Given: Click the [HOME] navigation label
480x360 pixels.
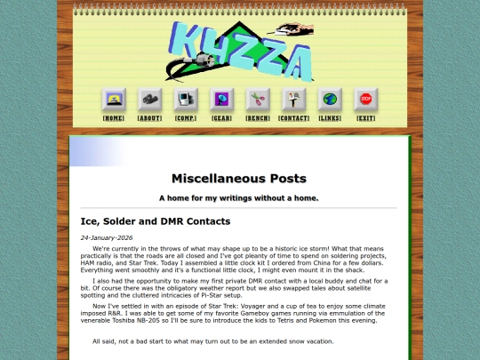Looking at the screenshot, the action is (114, 118).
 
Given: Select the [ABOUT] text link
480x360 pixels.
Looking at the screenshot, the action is (149, 118).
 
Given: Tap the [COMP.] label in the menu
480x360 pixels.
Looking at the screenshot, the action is (186, 118).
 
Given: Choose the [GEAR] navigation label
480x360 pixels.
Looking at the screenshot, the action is (221, 118).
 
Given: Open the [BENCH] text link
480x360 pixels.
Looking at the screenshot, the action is (258, 118).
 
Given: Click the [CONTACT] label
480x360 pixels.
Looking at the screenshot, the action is (293, 118).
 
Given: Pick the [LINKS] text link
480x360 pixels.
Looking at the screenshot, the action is (330, 118).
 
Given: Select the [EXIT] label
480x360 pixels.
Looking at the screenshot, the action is (365, 118).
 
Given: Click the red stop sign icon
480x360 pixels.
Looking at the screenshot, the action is (365, 100).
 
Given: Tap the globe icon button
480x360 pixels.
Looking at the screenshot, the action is (330, 100).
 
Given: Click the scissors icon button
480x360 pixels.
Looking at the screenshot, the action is (258, 100).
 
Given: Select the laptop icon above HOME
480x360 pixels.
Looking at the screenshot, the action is (114, 100).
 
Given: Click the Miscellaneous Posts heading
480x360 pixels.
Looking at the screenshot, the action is (239, 178).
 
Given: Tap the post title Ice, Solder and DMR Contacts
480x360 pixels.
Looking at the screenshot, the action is (156, 221).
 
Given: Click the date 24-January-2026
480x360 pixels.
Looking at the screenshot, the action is (107, 238).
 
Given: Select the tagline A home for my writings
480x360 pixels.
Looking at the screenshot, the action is (239, 197).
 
